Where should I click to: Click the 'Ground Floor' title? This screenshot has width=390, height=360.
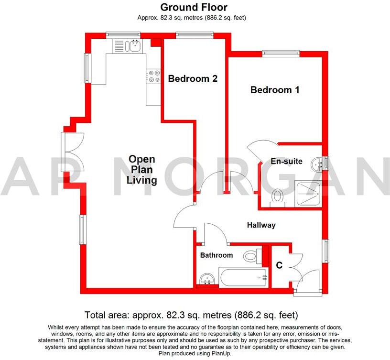coord(194,7)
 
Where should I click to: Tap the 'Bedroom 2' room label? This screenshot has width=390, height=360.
coord(193,79)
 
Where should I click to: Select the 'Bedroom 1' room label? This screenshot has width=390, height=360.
coord(275,90)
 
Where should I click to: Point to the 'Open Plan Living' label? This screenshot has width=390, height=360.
coord(141,170)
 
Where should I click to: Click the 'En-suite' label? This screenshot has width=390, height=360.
coord(286,162)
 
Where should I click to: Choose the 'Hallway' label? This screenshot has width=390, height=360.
coord(261,225)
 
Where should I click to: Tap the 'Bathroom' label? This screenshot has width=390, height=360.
coord(217,255)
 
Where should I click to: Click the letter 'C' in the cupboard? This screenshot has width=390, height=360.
coord(278,264)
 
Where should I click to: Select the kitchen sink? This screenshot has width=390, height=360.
coord(133,46)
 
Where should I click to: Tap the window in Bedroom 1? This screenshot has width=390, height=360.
coord(281,53)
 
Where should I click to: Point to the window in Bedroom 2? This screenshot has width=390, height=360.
coord(194,34)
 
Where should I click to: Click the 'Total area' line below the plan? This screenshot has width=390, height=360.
coord(191,315)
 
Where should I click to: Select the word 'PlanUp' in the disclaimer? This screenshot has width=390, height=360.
coord(219,354)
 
